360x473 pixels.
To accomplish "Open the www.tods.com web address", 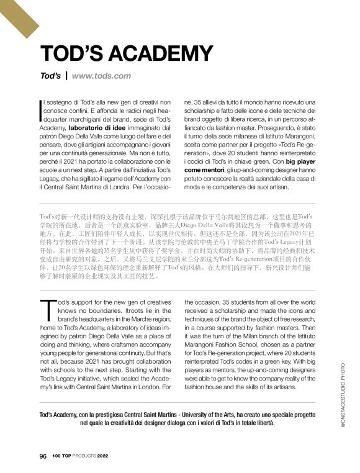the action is pyautogui.click(x=101, y=76).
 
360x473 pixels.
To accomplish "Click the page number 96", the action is pyautogui.click(x=43, y=456).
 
